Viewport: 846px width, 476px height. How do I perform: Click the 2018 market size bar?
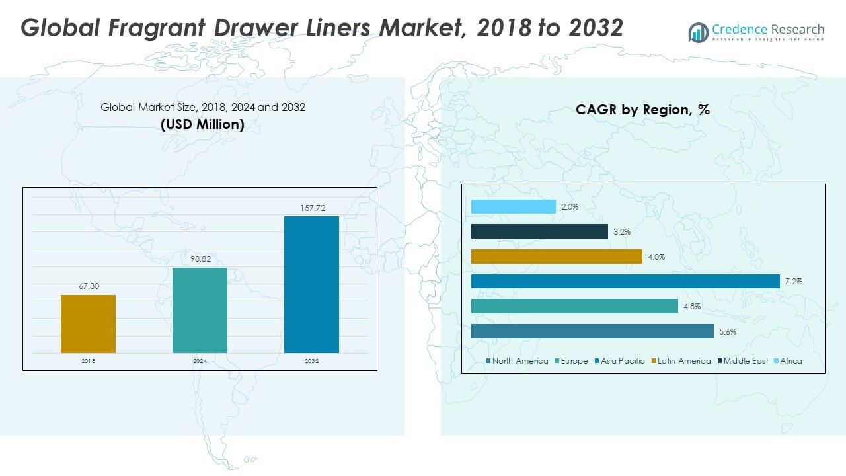click(x=88, y=323)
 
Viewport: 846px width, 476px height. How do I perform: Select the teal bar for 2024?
click(x=200, y=310)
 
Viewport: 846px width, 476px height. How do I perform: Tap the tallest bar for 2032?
click(x=311, y=284)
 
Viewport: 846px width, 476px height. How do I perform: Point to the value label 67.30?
click(x=88, y=286)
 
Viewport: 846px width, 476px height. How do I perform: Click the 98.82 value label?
click(x=200, y=259)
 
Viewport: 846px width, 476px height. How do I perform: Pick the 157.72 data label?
click(x=311, y=208)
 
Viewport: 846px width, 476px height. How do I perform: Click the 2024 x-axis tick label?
click(x=200, y=362)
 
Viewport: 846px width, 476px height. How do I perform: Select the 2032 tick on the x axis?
click(x=311, y=362)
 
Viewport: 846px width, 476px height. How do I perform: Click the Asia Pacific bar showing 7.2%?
click(x=625, y=282)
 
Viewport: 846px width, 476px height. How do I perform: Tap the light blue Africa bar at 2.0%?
click(x=514, y=207)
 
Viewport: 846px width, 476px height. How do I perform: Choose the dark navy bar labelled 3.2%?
click(x=539, y=231)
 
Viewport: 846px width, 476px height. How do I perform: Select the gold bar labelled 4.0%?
click(x=557, y=257)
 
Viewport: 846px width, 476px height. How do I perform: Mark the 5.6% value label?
click(x=728, y=332)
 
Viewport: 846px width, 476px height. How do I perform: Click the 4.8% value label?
click(x=692, y=307)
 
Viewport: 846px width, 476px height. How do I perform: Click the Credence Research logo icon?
click(x=698, y=32)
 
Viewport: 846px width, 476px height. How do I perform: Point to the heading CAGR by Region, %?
click(x=642, y=110)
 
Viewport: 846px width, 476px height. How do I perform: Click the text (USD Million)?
click(x=202, y=124)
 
